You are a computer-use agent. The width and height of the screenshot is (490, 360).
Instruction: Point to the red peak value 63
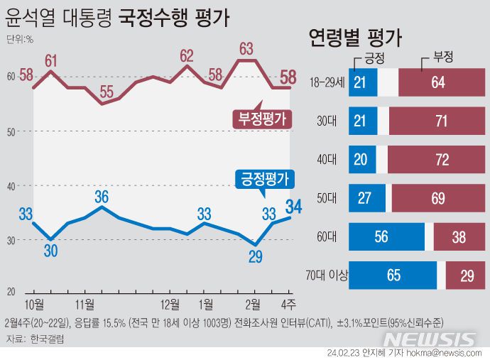point(247,49)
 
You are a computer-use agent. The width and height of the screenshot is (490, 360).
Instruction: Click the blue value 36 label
point(102,196)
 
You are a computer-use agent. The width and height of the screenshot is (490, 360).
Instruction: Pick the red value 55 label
point(107,91)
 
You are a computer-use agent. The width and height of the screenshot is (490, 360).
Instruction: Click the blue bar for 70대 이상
point(393,276)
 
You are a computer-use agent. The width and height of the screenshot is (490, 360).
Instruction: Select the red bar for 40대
point(442,160)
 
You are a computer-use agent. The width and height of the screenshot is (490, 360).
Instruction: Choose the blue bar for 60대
point(387,236)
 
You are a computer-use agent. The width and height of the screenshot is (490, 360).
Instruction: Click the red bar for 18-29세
point(437,83)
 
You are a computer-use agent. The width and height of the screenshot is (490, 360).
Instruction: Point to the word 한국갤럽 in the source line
point(45,340)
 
